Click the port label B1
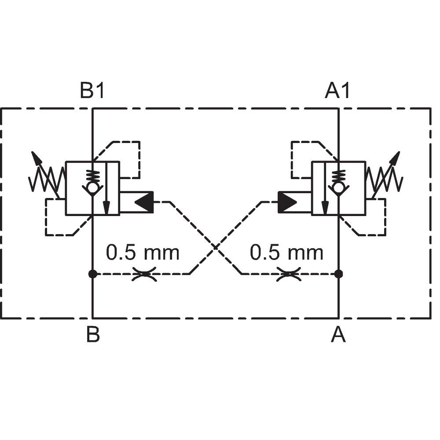click(92, 90)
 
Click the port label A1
click(337, 90)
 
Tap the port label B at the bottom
click(93, 334)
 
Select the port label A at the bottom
click(338, 334)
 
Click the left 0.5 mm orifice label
click(143, 252)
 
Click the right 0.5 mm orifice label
click(286, 252)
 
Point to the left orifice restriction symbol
click(144, 274)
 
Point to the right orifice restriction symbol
click(289, 274)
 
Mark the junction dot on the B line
click(92, 274)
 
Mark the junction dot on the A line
click(339, 274)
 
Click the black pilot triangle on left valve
click(144, 202)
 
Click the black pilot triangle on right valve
click(287, 202)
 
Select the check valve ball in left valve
click(92, 187)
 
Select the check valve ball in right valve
click(339, 187)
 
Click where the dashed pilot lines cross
click(216, 247)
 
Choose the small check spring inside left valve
click(92, 176)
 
